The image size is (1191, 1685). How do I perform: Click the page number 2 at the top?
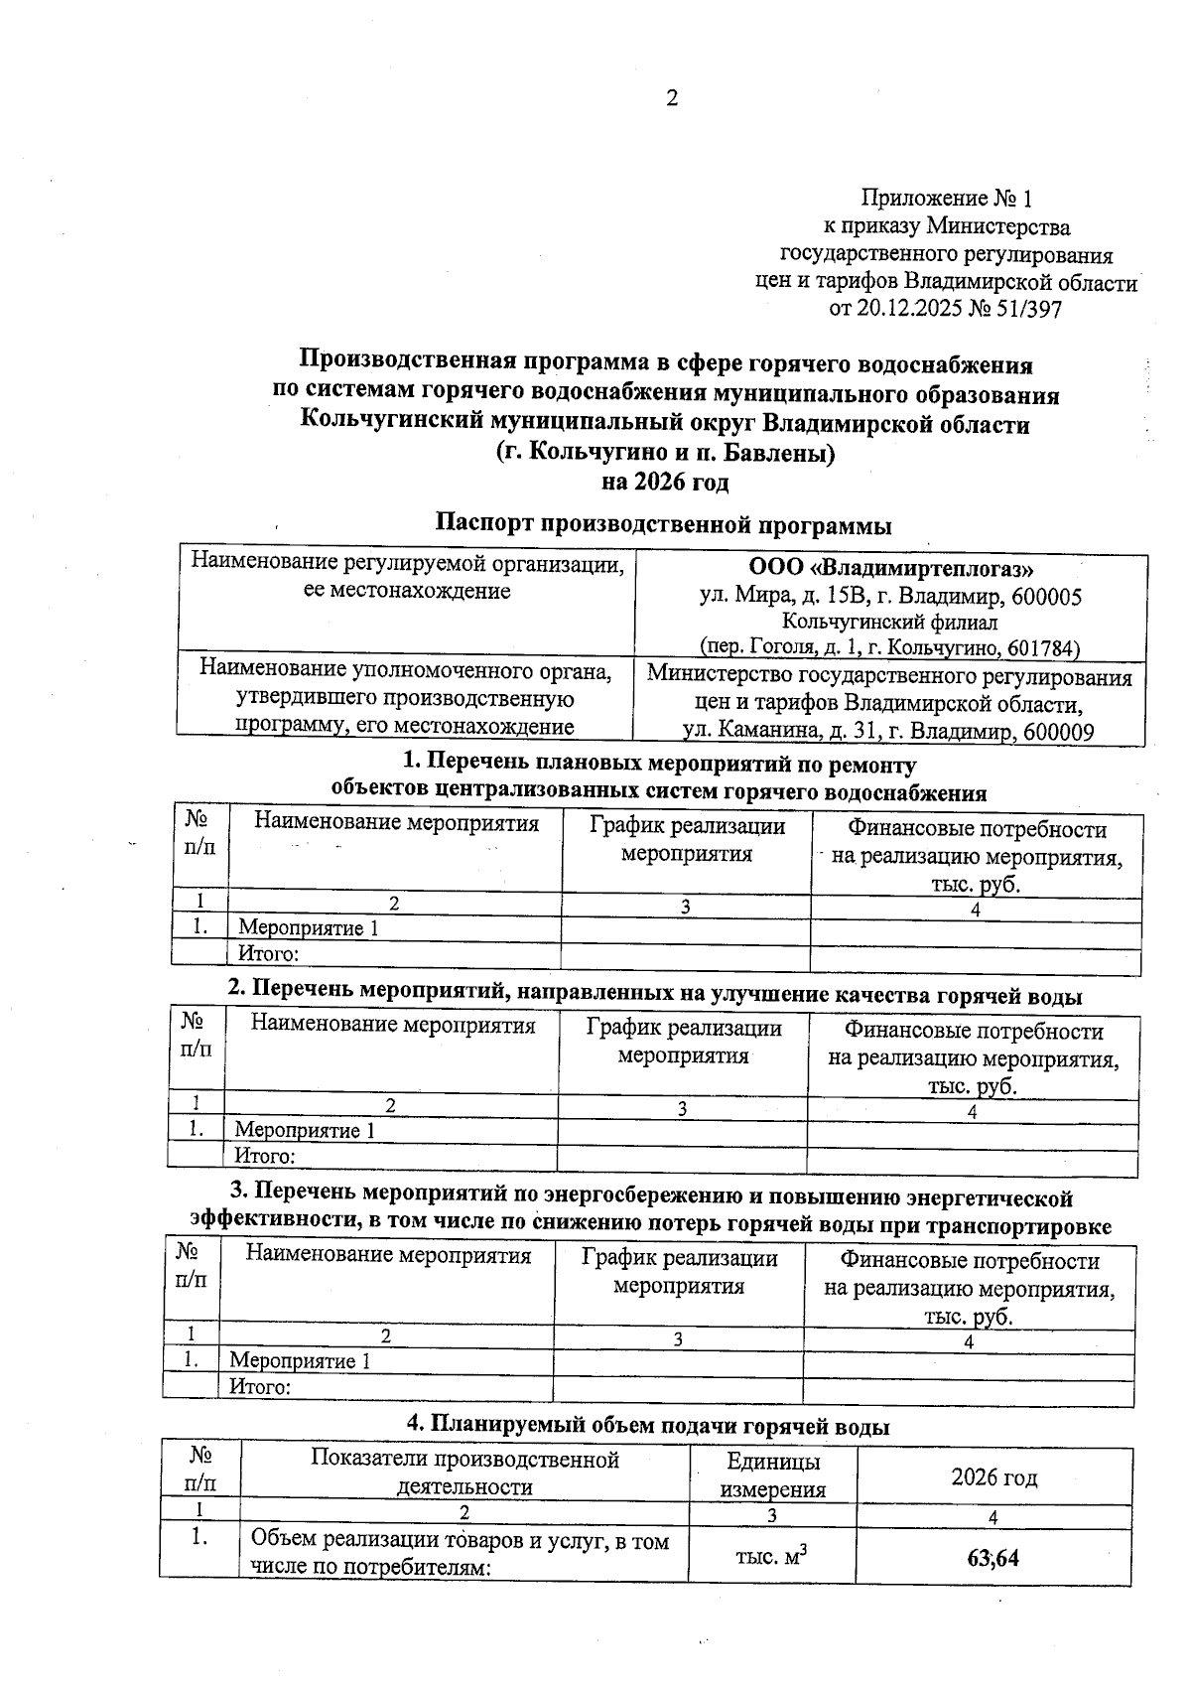point(671,98)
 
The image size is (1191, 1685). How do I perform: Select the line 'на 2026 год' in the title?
point(665,483)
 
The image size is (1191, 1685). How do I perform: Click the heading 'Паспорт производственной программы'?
point(664,523)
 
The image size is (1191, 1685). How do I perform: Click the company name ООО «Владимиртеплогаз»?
point(890,569)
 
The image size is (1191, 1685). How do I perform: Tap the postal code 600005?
point(1047,597)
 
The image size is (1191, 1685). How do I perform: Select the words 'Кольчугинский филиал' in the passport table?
point(890,623)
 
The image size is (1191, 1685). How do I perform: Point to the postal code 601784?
point(1042,648)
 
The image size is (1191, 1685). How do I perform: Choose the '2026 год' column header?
point(993,1477)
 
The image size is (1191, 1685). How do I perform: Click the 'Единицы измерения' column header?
point(772,1474)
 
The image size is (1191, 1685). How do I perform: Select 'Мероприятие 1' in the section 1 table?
point(309,928)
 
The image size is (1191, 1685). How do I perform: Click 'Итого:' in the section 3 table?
point(260,1387)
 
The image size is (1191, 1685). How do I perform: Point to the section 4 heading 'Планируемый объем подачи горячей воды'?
point(648,1426)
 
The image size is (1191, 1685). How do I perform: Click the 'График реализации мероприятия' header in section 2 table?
point(683,1042)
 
